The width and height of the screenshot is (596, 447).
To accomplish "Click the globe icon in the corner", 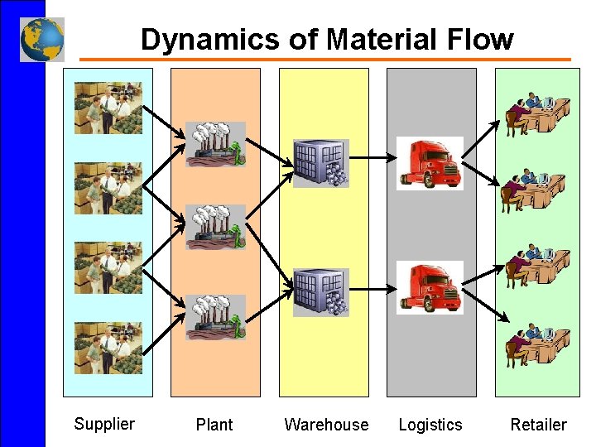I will point(41,39).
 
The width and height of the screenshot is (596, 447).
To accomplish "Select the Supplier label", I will point(104,424).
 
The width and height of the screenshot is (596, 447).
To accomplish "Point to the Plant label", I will point(214,425).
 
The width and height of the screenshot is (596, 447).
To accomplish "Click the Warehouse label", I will point(326,425).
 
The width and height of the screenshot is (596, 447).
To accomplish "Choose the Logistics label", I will point(430,425).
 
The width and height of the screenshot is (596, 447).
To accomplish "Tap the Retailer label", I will point(538,425).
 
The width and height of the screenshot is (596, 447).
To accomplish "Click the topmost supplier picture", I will point(108,108).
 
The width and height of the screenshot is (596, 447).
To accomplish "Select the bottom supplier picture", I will point(108,348).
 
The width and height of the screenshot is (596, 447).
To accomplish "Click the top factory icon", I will point(215,145).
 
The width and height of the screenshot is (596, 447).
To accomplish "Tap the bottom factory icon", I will point(215,317).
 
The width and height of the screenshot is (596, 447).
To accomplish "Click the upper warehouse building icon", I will point(321,163).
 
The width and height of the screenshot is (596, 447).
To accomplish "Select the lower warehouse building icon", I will point(321,292).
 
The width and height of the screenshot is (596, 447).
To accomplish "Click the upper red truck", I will point(430,163).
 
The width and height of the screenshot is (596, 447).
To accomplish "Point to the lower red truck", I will point(430,287).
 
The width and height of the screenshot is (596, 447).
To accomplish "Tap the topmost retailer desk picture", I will point(536,114).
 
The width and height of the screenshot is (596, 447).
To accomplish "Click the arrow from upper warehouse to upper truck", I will point(372,156).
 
